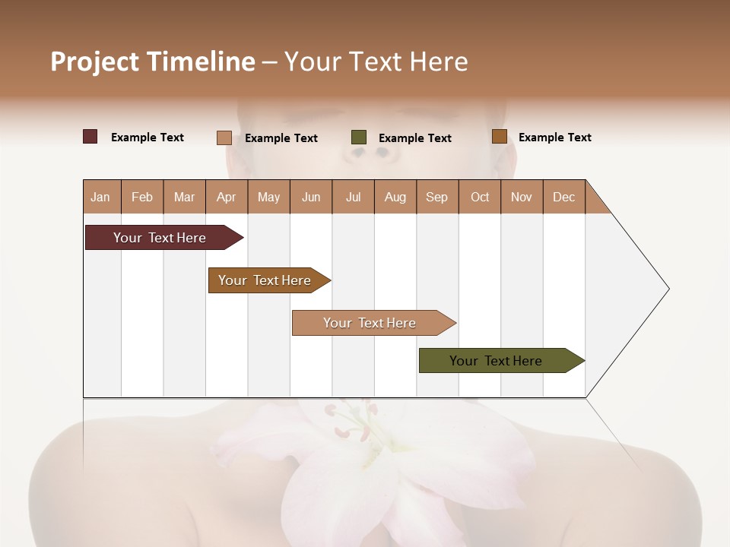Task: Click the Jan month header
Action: coord(100,197)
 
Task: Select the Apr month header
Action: coord(227,197)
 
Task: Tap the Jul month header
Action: coord(353,197)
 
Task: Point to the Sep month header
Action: coord(436,197)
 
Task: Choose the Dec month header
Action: coord(563,197)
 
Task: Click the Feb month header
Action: coord(142,197)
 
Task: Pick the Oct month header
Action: coord(480,197)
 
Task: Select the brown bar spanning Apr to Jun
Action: coord(266,280)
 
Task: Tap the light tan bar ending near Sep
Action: coord(371,323)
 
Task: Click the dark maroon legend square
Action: coord(90,137)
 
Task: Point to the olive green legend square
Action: coord(359,138)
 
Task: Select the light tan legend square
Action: coord(224,138)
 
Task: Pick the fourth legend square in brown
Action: coord(500,137)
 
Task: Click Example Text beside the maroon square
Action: coord(148,138)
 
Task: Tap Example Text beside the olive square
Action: coord(415,138)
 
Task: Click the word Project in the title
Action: coord(95,62)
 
